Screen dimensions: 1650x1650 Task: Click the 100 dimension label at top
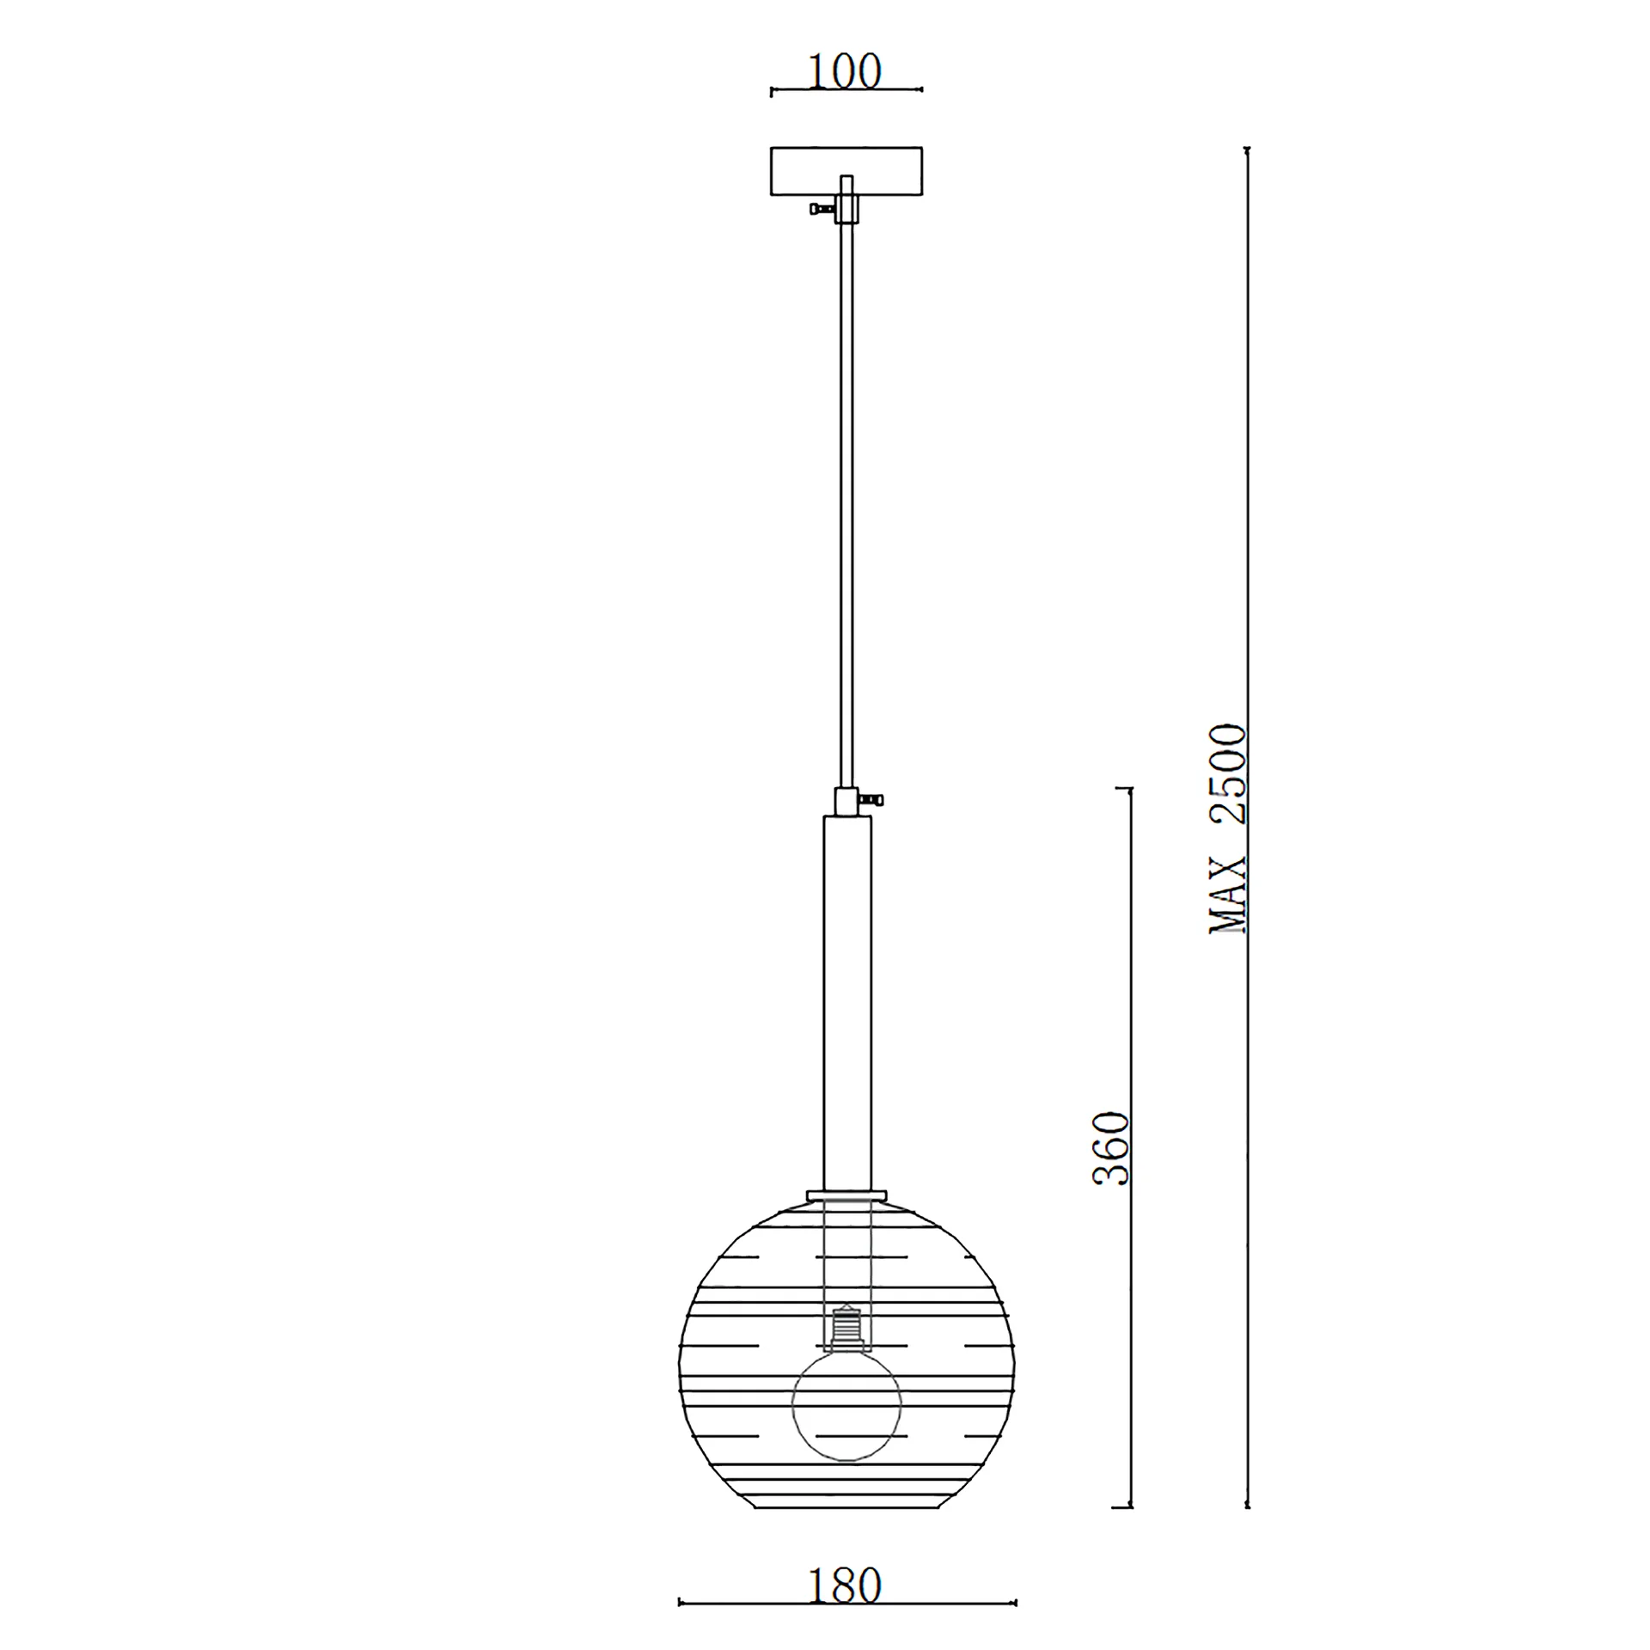(x=845, y=72)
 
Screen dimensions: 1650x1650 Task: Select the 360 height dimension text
(x=1110, y=1149)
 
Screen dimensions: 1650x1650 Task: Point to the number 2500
(x=1227, y=775)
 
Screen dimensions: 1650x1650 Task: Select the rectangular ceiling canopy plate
(x=846, y=173)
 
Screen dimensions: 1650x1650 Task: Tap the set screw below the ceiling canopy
(x=822, y=208)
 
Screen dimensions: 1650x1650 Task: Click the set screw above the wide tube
(x=871, y=800)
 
